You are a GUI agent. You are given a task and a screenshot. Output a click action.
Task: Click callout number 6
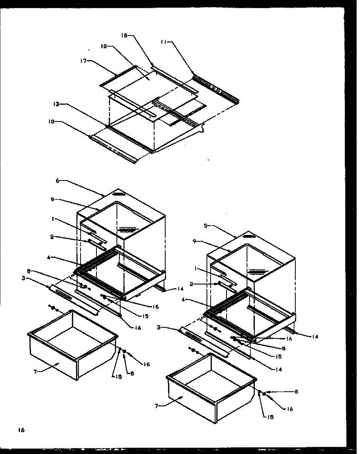(57, 181)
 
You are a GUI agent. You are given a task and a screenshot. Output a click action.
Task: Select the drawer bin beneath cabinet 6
(72, 344)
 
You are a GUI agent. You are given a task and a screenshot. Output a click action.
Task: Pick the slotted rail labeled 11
(217, 88)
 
